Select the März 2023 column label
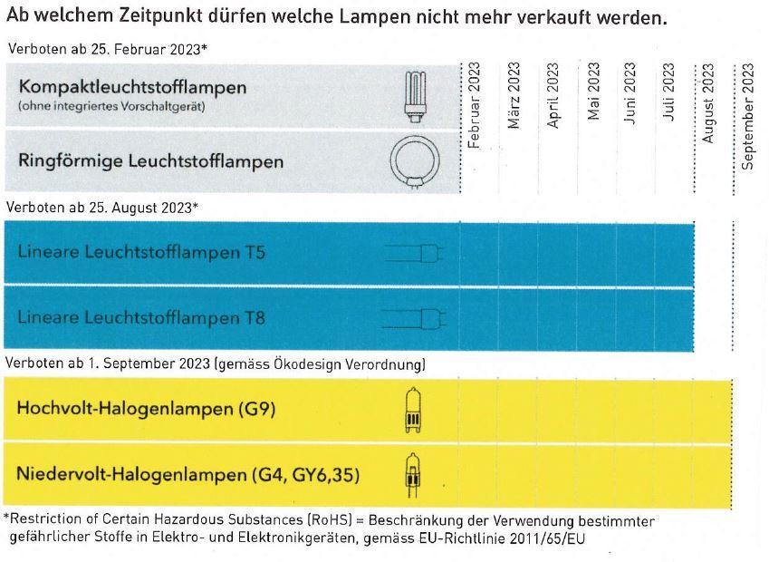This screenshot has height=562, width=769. [514, 96]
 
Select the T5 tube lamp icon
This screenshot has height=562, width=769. [413, 253]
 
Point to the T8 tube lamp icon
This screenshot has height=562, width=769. [411, 318]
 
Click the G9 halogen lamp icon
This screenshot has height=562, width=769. [412, 409]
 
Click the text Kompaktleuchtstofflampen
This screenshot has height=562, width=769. [132, 88]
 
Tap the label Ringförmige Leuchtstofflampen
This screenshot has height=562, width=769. [150, 161]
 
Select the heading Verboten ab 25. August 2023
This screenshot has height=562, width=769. [101, 208]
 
